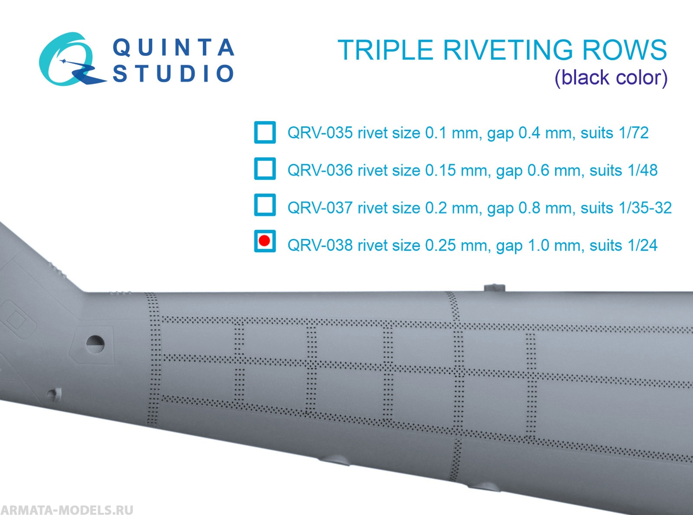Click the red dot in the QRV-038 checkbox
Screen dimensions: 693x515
point(265,241)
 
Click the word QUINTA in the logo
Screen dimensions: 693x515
point(173,48)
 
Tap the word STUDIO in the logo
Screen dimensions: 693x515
point(173,74)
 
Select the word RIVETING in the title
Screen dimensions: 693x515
point(508,50)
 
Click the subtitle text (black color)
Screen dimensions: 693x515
point(611,78)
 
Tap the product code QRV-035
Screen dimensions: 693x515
point(320,133)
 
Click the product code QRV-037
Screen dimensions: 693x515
point(320,208)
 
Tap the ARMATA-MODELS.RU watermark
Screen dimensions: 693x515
point(67,509)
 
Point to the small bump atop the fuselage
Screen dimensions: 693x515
point(494,288)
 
